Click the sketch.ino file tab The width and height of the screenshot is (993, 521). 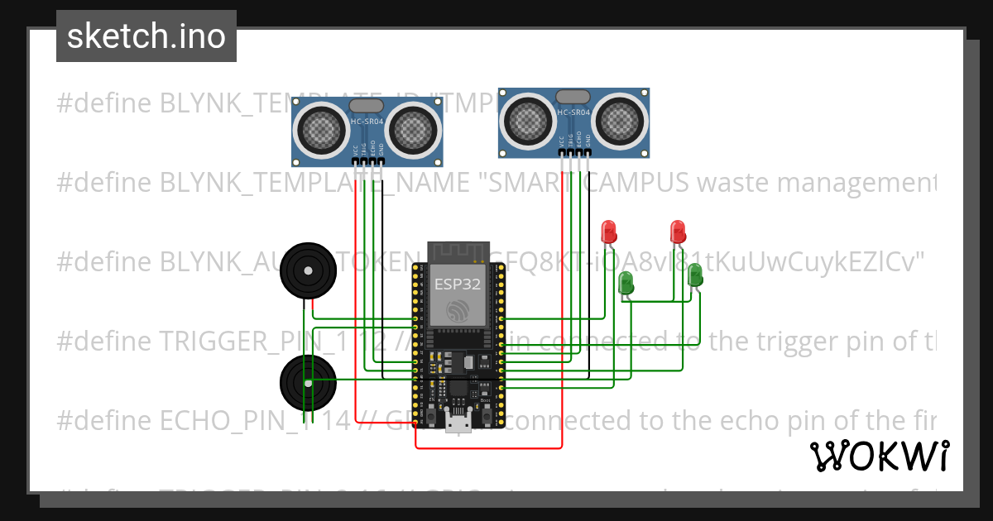point(146,36)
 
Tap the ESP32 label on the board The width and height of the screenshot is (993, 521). point(458,284)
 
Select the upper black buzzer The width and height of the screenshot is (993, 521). point(306,270)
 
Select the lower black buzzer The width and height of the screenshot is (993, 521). point(305,380)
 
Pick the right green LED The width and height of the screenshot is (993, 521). point(695,275)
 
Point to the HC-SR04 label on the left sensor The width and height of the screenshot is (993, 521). point(366,122)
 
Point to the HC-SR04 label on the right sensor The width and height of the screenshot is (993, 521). point(573,112)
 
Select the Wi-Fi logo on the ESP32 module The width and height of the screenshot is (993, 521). point(458,312)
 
